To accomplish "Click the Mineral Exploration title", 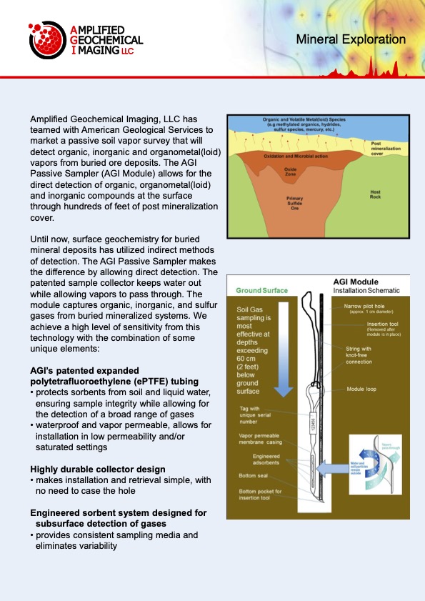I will pyautogui.click(x=351, y=40).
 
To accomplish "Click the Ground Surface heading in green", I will pyautogui.click(x=261, y=291).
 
